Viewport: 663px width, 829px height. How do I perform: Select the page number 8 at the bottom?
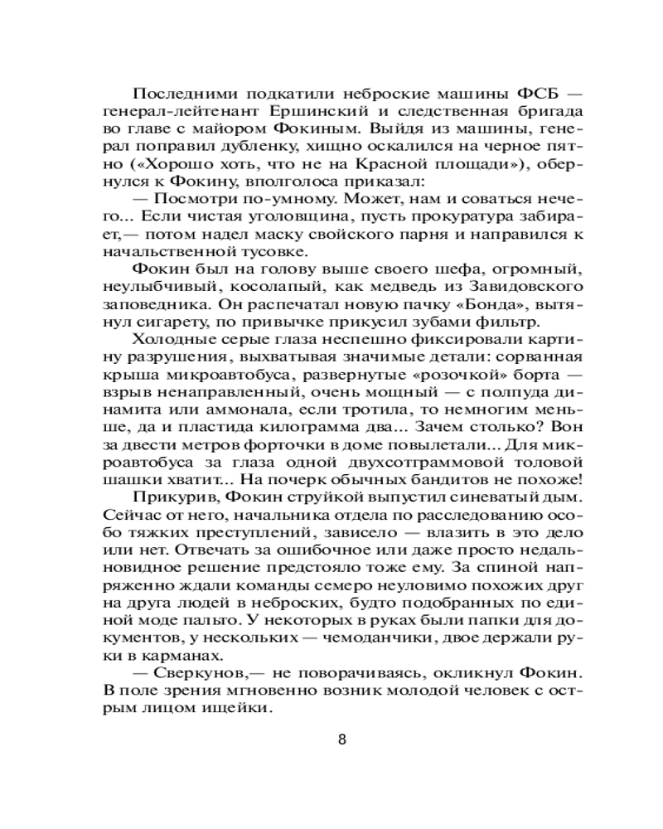342,739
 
